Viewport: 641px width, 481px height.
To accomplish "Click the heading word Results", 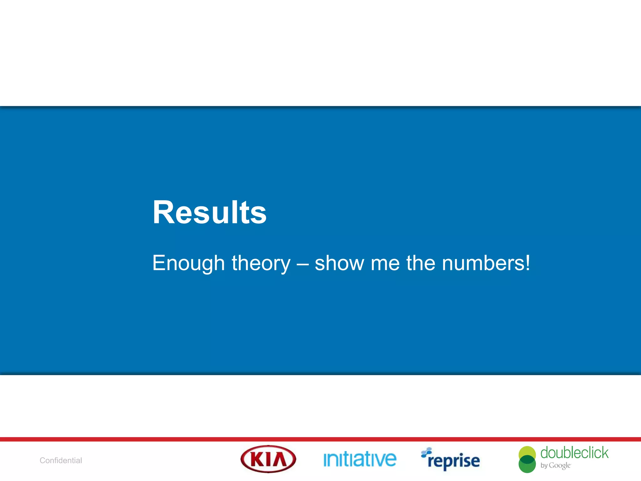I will tap(209, 213).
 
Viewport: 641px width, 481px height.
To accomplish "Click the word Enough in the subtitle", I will tap(188, 263).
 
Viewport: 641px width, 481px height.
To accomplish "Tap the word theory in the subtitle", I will tap(261, 263).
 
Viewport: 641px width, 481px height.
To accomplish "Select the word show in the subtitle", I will tap(339, 263).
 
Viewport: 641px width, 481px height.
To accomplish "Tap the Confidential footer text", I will tap(61, 460).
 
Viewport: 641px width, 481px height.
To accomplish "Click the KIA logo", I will tap(268, 459).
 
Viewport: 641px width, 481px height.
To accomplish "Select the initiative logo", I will tap(360, 459).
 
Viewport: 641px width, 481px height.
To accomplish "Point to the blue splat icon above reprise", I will tap(426, 452).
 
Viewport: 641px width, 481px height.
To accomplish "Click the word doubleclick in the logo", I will tap(574, 453).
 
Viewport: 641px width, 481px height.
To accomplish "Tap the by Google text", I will tap(556, 466).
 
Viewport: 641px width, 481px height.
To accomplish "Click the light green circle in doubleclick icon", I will tap(527, 451).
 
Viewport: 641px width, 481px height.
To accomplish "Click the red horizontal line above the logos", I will tap(320, 439).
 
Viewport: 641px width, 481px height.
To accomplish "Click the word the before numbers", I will tap(420, 263).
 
